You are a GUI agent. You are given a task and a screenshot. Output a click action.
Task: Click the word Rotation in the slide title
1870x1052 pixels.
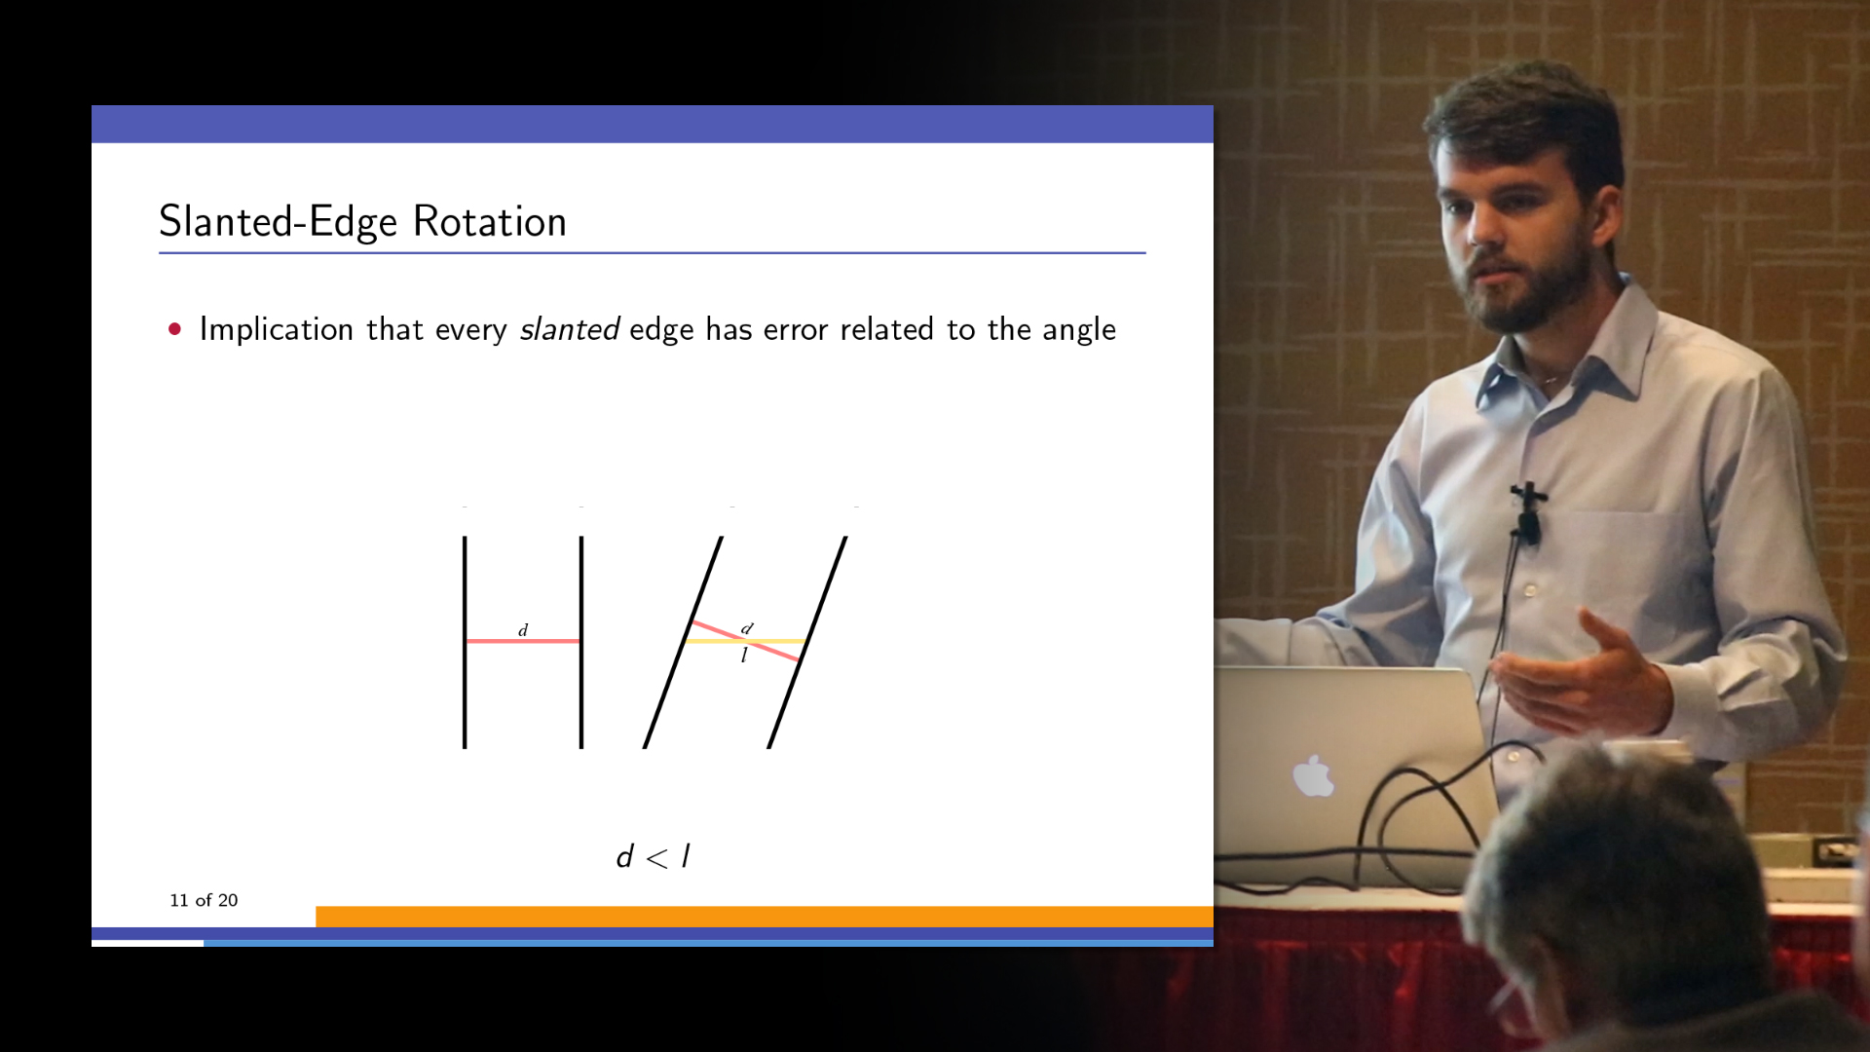click(489, 222)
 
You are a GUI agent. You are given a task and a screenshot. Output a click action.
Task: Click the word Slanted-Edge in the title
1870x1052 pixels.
click(278, 222)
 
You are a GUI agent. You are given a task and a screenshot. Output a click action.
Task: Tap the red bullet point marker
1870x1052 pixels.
click(175, 329)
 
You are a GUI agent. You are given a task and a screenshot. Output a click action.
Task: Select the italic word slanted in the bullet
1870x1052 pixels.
click(569, 329)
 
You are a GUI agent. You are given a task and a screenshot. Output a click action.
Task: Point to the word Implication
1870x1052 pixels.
click(276, 329)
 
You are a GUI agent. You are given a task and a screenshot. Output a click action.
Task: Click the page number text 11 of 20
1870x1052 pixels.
click(204, 900)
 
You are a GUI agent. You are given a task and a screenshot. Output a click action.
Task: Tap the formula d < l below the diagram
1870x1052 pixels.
click(654, 857)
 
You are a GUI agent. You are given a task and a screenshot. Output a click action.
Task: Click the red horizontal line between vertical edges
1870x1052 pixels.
click(523, 641)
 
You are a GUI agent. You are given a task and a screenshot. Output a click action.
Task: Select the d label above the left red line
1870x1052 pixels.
click(523, 630)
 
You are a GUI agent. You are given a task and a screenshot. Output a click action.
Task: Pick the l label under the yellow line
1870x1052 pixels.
click(744, 656)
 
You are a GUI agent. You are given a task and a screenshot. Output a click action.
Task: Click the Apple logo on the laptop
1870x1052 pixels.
click(1314, 776)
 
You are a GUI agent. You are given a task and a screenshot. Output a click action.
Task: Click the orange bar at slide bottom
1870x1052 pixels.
click(764, 917)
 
